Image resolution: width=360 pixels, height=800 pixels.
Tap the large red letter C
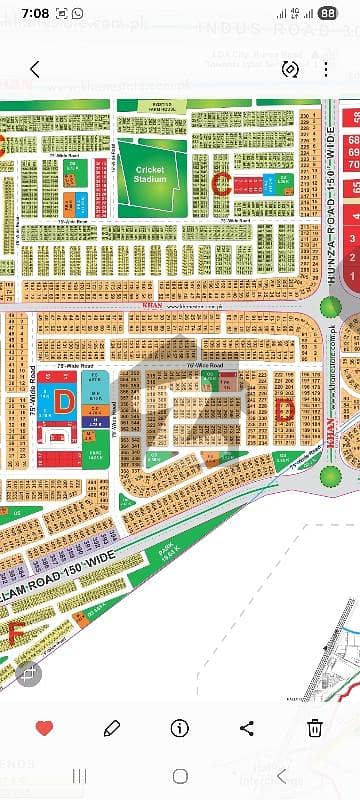[x=223, y=181]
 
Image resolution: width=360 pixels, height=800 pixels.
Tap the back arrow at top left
[x=35, y=69]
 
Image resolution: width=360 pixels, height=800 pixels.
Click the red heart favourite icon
[x=44, y=728]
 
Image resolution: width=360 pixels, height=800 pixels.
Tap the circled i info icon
[x=180, y=728]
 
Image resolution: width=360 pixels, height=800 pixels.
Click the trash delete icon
[x=315, y=728]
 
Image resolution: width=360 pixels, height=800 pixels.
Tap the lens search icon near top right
[x=292, y=69]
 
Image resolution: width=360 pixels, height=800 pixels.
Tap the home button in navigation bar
[x=180, y=776]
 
